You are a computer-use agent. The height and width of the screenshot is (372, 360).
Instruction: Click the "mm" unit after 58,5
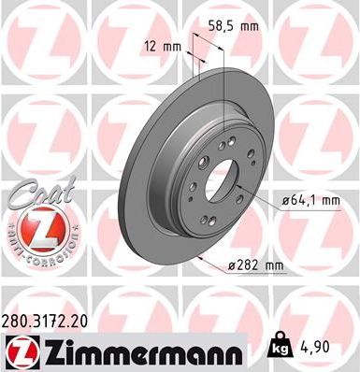(x=248, y=26)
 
